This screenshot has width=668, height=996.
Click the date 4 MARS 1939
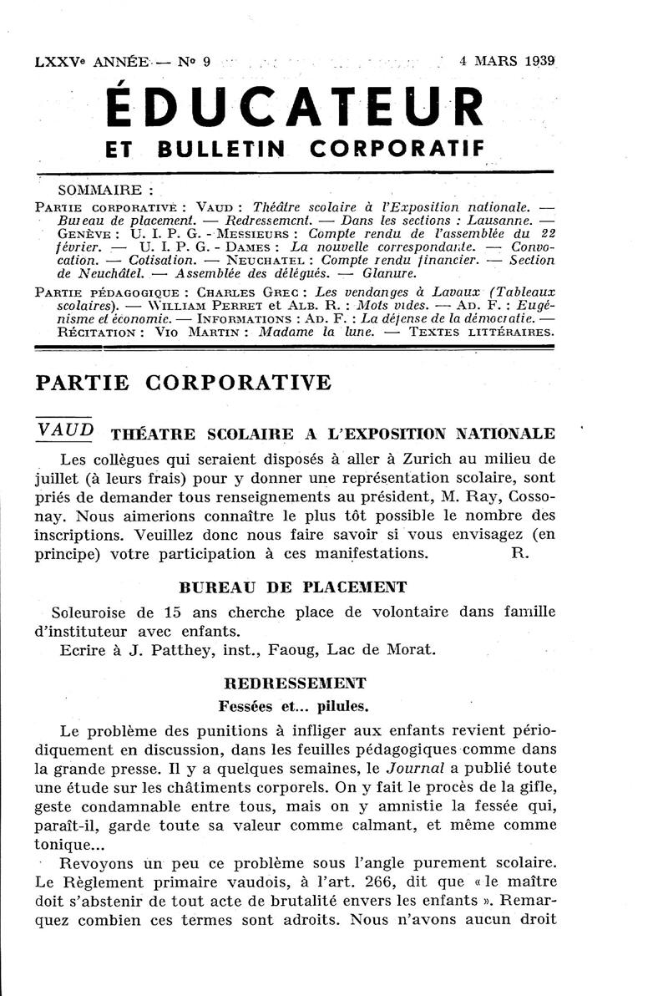(508, 61)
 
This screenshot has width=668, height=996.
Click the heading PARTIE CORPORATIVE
(184, 383)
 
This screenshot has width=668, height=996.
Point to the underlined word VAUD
(66, 429)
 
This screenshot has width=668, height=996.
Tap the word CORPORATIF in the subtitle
(397, 148)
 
